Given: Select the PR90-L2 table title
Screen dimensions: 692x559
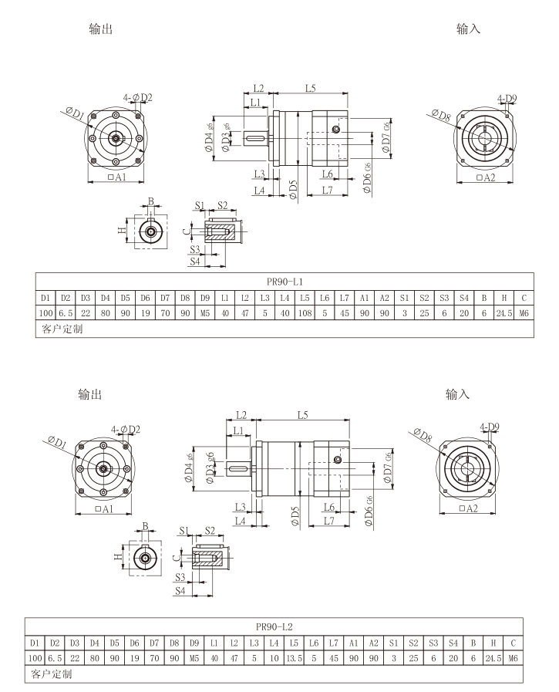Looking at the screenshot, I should (273, 626).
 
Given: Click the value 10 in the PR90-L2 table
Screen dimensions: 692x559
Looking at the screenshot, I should (273, 657).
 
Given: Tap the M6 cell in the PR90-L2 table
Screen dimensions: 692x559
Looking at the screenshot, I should (513, 657).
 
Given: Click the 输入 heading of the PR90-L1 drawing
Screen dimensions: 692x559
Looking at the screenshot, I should (469, 29).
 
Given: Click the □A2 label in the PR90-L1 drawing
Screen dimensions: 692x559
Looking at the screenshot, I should (486, 178).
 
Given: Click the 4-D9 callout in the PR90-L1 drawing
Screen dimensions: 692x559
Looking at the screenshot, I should (507, 99).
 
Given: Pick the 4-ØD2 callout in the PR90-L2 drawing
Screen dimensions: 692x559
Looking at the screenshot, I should (125, 429).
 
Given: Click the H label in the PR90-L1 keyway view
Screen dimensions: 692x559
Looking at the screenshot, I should (122, 230).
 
